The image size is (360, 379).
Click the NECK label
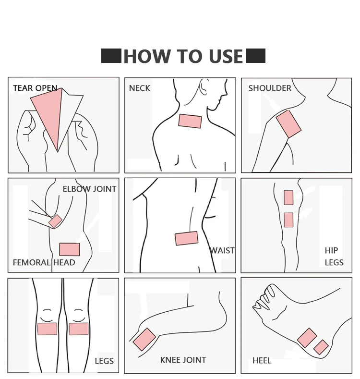coord(139,88)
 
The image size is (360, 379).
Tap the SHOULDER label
coord(270,88)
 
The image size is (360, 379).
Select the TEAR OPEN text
coord(35,88)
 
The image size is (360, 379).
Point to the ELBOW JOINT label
coord(89,189)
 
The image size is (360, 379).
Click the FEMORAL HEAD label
coord(44,262)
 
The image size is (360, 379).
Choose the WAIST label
coord(222,250)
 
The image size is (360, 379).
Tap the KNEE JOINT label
coord(183,360)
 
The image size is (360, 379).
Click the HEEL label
coord(262,361)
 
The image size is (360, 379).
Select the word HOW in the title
coord(147,56)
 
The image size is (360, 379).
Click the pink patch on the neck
coord(190,121)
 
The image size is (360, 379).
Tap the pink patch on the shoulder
coord(288,124)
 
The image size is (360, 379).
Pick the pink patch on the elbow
coord(55,221)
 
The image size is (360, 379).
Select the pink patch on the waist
coord(187,238)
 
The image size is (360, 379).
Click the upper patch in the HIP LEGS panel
coord(288,198)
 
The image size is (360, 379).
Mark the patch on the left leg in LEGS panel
coord(48,329)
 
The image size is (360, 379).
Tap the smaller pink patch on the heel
coord(321,347)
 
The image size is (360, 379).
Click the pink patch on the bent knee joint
coord(144,339)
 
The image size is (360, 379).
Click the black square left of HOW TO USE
coord(111,56)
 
